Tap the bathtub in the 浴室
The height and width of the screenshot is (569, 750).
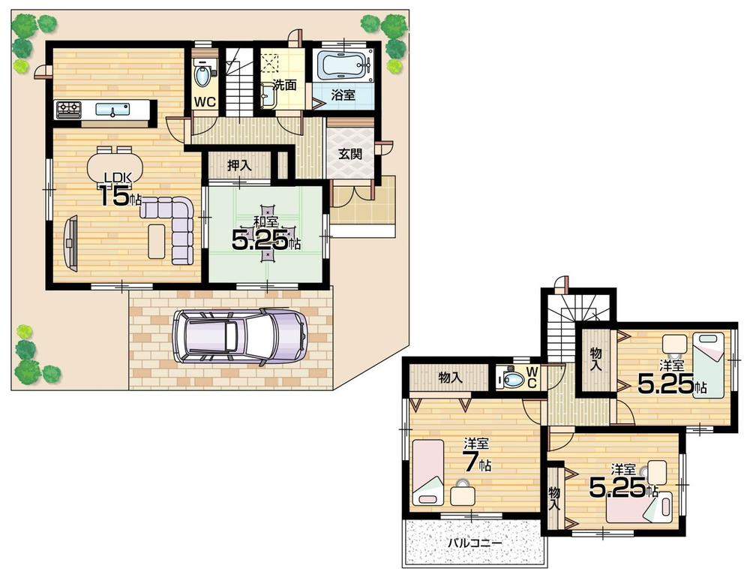344,66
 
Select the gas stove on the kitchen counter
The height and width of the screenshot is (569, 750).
67,110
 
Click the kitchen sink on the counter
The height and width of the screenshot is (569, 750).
114,110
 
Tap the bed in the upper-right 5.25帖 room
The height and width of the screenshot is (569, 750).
709,364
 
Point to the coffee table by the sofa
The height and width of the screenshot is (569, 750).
156,241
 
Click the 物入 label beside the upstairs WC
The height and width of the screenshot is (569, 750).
450,378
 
